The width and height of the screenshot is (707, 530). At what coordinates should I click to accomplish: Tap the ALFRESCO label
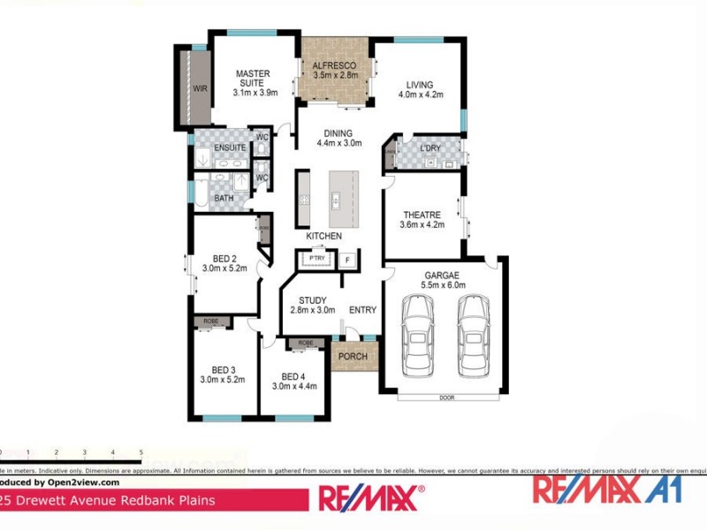point(335,65)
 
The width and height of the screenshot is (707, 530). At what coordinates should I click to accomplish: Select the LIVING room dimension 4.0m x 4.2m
point(420,94)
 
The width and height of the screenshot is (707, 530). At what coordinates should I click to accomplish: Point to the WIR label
point(201,89)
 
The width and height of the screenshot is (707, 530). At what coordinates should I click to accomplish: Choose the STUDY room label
point(313,300)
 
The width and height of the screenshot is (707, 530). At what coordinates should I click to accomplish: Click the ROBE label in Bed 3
point(211,322)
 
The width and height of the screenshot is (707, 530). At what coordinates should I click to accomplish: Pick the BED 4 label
point(293,375)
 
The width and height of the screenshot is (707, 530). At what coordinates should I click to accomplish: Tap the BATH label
point(224,199)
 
